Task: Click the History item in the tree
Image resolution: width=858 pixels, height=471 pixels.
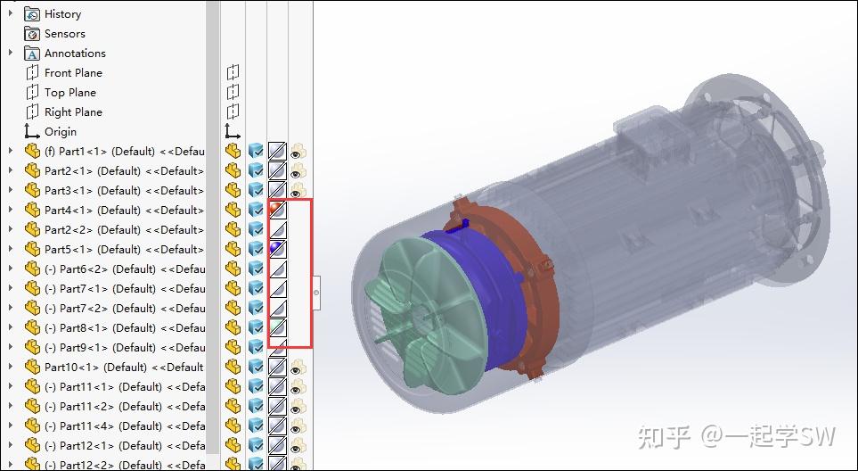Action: pyautogui.click(x=62, y=14)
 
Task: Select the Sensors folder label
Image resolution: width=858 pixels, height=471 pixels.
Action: pyautogui.click(x=64, y=34)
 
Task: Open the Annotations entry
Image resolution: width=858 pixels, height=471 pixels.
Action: pyautogui.click(x=75, y=54)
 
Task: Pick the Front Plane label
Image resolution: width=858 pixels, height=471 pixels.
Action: pyautogui.click(x=73, y=73)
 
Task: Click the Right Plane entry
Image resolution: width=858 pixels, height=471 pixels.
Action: pyautogui.click(x=73, y=112)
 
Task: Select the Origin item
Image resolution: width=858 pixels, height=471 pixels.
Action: pyautogui.click(x=61, y=132)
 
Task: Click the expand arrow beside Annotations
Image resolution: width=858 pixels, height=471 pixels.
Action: pyautogui.click(x=11, y=54)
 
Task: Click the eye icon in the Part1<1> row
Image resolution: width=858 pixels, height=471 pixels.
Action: pyautogui.click(x=298, y=152)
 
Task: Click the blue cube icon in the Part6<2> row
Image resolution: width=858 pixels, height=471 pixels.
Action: pyautogui.click(x=256, y=269)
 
